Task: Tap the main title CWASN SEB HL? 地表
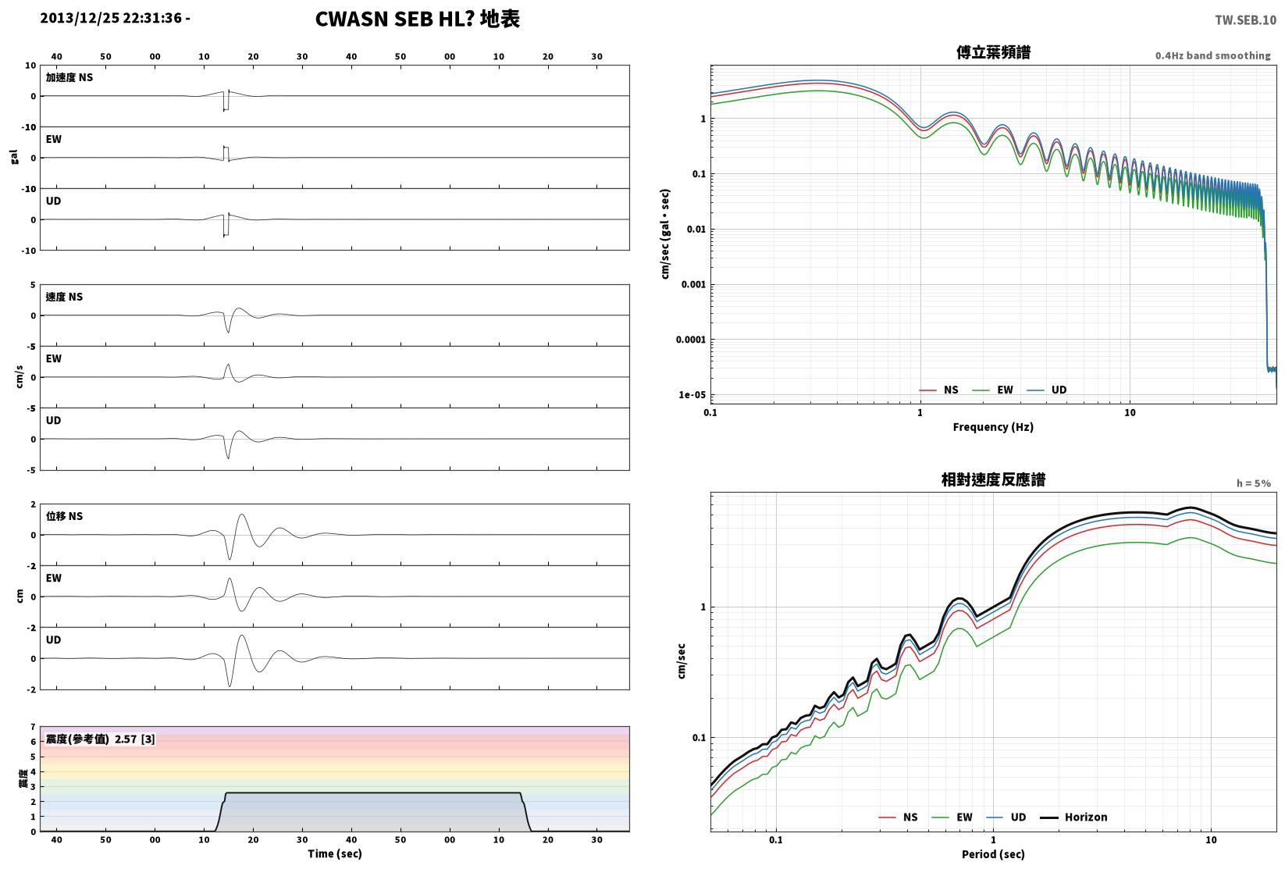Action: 417,19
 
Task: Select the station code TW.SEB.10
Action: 1245,20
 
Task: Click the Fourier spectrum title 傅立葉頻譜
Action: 993,52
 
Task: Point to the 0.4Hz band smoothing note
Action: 1212,55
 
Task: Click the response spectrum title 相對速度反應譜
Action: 993,479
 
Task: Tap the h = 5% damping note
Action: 1254,483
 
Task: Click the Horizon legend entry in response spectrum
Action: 1074,817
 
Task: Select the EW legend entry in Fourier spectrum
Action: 993,390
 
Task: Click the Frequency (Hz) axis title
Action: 993,427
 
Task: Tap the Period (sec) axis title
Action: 993,854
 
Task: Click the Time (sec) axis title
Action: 335,853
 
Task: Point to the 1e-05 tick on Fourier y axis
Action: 692,394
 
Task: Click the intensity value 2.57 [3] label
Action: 135,739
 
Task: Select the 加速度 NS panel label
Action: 69,77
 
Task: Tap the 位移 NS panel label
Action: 64,516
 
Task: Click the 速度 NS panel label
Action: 64,297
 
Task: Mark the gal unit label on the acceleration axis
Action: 14,157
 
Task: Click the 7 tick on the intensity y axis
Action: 34,727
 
